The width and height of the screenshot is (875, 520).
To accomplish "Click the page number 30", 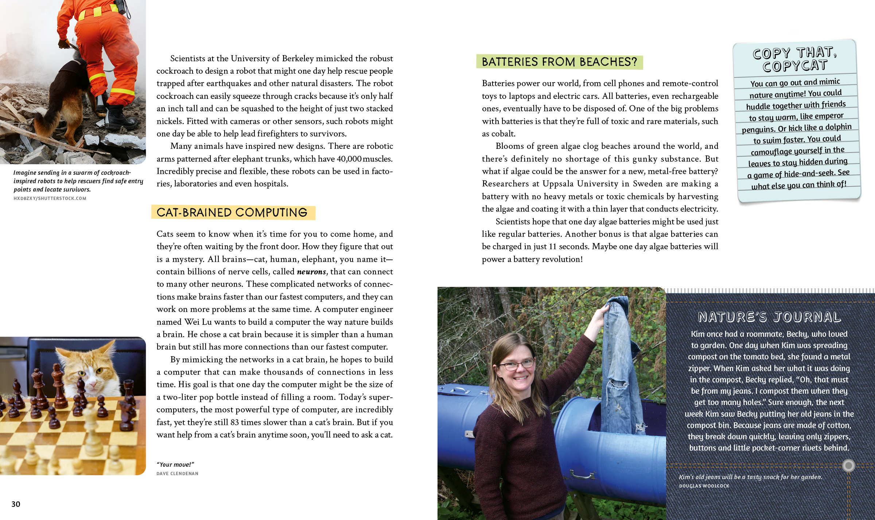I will coord(16,504).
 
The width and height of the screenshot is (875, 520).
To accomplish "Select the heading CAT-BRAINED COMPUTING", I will coord(232,212).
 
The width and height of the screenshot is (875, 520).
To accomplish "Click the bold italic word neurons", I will coord(311,271).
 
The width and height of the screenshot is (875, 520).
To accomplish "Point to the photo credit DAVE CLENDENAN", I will coord(178,473).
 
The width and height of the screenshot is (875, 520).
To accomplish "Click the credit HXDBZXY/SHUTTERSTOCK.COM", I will coord(50,198).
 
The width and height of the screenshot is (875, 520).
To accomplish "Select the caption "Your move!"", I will coord(175,464).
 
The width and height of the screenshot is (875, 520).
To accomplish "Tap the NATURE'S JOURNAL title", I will coord(769,317).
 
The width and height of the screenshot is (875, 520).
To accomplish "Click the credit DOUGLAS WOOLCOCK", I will coord(704,486).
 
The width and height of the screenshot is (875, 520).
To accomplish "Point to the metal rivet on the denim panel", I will coord(848,465).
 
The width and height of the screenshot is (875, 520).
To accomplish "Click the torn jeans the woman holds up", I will coord(620,365).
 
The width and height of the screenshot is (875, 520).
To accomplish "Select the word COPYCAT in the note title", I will coord(795,66).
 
